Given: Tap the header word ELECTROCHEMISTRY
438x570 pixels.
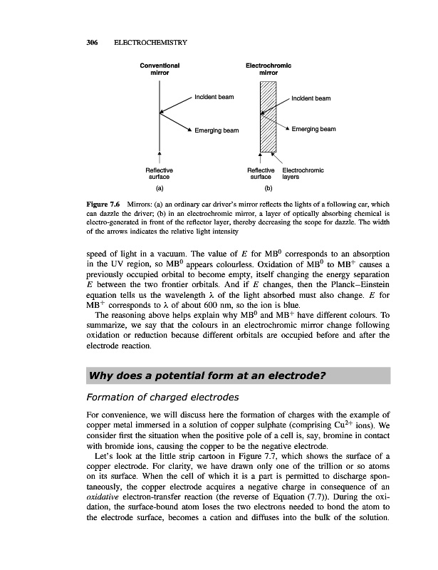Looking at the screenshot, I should click(147, 43).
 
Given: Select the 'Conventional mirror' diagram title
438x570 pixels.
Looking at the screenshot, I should click(160, 68).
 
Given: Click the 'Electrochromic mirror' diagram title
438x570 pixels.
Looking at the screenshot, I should click(268, 68).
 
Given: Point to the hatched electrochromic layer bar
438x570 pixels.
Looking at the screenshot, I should click(267, 114).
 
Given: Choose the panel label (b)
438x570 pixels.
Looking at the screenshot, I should click(268, 189).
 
